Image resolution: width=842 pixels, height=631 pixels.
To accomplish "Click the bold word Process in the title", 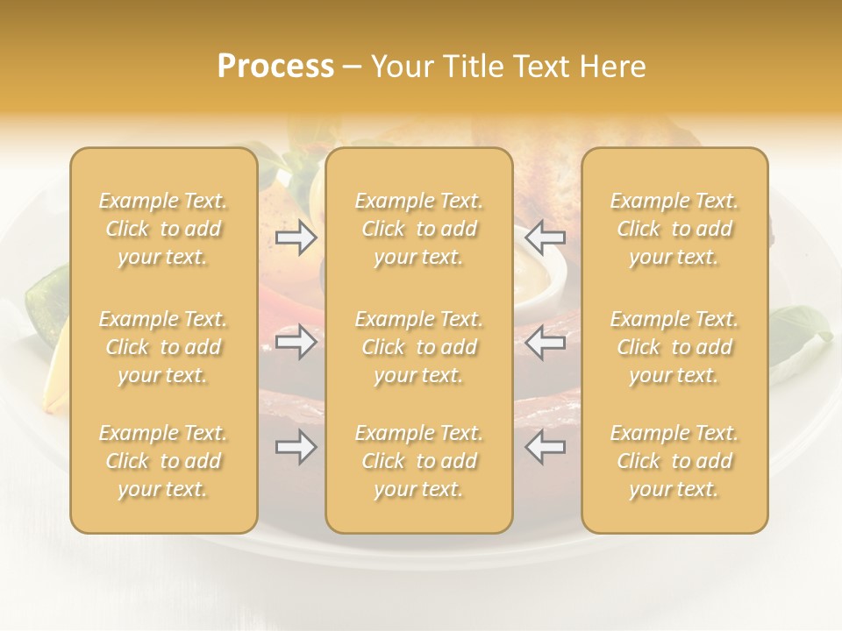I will [x=275, y=67].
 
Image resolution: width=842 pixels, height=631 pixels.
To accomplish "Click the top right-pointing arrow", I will [x=296, y=237].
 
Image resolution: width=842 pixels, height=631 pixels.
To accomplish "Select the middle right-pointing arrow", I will [x=296, y=342].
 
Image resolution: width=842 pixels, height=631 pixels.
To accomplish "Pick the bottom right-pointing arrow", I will [x=296, y=448].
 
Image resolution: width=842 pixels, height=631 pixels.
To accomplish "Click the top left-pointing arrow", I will [x=545, y=237].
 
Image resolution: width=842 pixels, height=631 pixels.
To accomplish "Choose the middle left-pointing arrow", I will [x=545, y=342].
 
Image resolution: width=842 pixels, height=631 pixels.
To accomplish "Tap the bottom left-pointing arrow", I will [x=545, y=448].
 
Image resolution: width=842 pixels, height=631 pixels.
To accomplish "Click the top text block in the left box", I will [x=163, y=229].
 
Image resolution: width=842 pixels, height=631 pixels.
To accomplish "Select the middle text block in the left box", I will [x=163, y=347].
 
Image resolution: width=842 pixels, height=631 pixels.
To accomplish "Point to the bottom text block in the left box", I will [x=163, y=461].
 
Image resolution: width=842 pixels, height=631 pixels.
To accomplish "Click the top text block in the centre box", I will [x=419, y=229].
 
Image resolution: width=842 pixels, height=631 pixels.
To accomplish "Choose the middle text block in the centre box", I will [x=419, y=347].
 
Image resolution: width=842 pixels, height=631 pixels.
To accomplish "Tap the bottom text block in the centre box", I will [x=419, y=461].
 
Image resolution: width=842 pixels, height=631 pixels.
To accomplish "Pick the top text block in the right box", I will [x=674, y=229].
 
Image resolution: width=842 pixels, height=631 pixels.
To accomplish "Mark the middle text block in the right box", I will [x=674, y=347].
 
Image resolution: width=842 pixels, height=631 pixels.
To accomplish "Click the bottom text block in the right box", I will [x=674, y=461].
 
